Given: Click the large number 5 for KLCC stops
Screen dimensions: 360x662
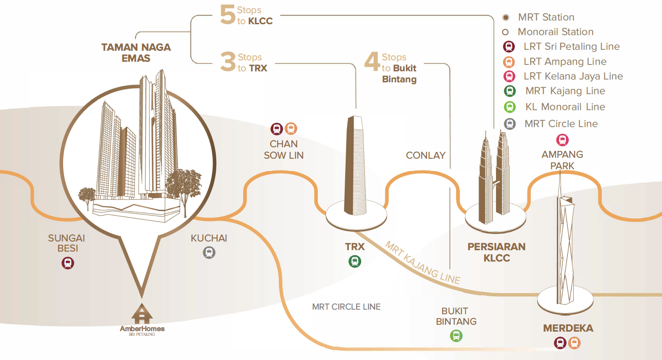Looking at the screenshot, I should point(228,16).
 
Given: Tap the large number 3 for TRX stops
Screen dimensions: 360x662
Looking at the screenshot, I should point(228,63).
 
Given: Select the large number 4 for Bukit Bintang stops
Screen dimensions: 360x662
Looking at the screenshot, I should point(372,63).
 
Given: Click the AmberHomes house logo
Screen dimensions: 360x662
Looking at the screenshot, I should point(142,314).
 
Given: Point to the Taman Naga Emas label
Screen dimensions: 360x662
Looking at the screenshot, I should point(136,53).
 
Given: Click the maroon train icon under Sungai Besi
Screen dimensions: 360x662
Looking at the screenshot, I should point(68,263).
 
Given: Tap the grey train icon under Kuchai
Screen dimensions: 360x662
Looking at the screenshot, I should point(209,253).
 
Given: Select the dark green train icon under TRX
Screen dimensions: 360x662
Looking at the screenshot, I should point(355,261).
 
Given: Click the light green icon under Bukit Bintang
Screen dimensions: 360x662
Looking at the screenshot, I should point(456,336).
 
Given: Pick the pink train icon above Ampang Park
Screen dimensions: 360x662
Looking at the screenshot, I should point(562,140).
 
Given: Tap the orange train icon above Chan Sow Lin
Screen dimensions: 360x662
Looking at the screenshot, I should point(291,129).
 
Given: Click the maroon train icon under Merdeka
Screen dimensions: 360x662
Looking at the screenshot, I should point(560,343).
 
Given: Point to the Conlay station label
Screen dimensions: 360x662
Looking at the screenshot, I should point(426,156).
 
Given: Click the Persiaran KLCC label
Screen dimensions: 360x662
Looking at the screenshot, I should point(496,252).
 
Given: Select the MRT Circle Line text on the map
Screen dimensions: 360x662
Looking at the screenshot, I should point(346,306).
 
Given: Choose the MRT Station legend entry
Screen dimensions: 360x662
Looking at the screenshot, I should point(546,17).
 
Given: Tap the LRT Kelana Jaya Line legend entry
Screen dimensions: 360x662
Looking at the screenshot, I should point(573,76).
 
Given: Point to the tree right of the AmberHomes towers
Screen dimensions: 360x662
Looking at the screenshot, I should point(184,188).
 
